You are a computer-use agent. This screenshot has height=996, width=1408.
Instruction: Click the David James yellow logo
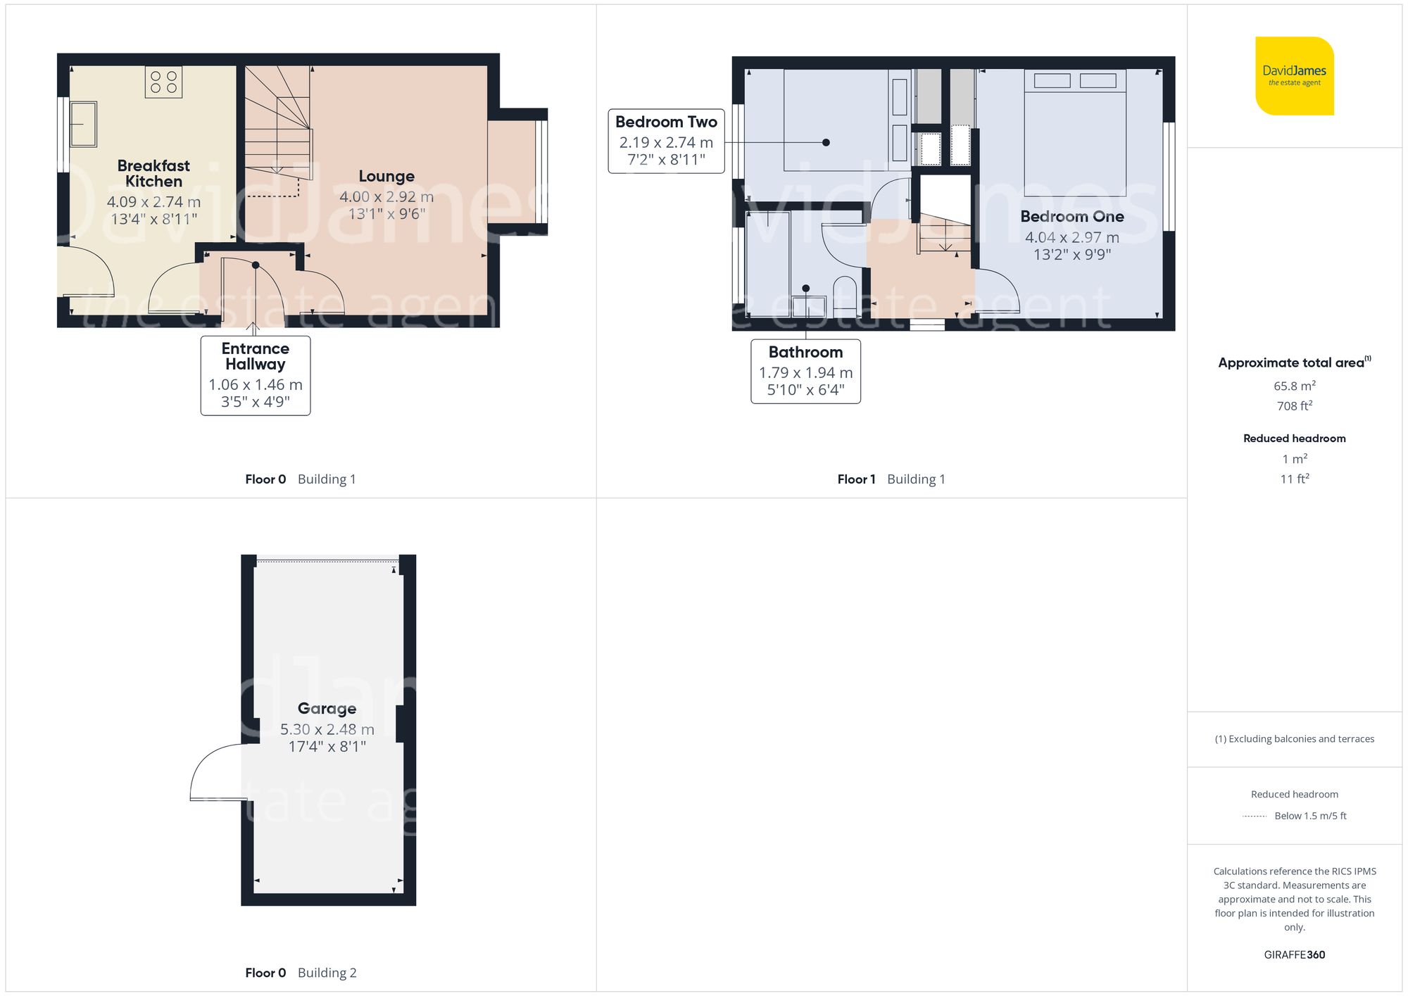coord(1294,76)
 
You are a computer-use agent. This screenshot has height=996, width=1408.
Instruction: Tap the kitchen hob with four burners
coord(163,82)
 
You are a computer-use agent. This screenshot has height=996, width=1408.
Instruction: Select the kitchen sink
coord(83,124)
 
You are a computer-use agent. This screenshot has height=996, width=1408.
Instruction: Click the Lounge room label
coord(386,176)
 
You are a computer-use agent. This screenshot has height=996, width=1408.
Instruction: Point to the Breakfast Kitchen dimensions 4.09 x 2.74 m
coord(153,202)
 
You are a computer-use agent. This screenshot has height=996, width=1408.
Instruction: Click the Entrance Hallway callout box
coord(256,375)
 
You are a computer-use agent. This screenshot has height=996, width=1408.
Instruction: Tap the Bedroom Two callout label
coord(666,122)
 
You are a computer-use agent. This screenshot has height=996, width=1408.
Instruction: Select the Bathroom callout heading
coord(805,352)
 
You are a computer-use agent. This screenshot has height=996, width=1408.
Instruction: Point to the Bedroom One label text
coord(1071,217)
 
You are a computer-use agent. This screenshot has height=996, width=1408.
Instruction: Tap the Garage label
coord(327,708)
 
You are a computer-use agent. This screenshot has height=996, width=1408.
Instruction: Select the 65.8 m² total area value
coord(1294,386)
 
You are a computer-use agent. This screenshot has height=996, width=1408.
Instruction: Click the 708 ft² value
coord(1294,406)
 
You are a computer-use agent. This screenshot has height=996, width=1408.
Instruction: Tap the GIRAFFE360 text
coord(1294,955)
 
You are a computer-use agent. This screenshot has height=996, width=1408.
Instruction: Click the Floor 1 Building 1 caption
coord(891,479)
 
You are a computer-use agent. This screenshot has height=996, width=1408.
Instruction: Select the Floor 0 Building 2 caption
coord(301,973)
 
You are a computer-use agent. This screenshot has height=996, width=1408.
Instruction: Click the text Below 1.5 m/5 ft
coord(1309,816)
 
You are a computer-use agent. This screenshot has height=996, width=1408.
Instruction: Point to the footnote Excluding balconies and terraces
coord(1294,739)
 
